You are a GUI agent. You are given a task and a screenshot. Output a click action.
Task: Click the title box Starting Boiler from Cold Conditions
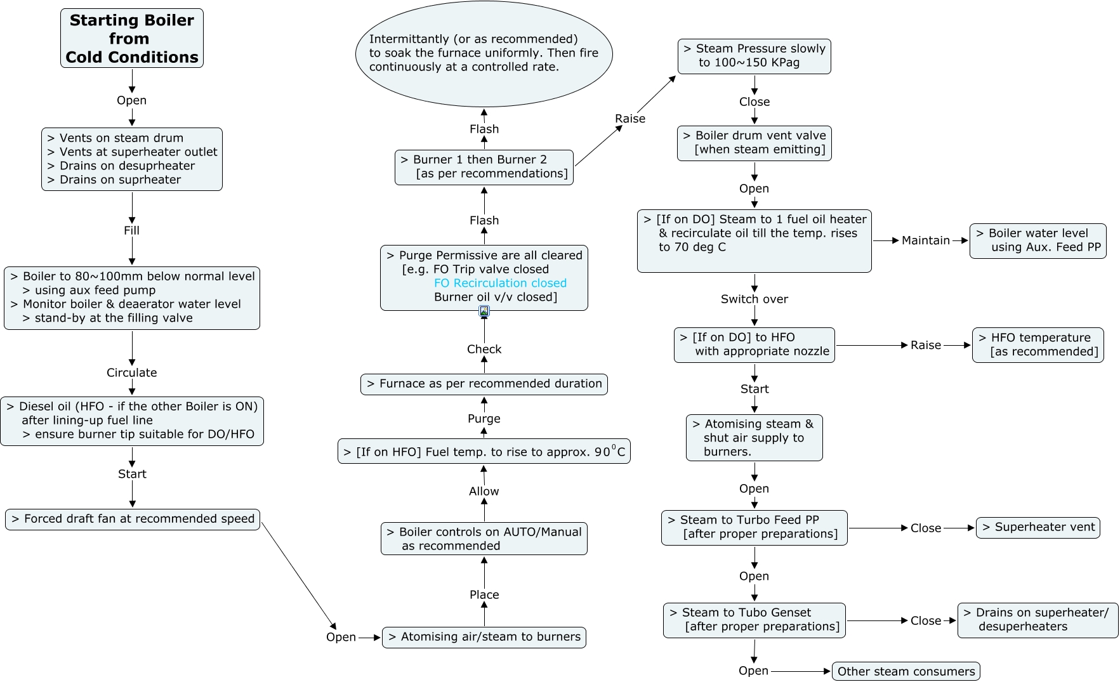pos(132,38)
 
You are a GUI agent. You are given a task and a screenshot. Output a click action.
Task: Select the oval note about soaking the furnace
pos(484,53)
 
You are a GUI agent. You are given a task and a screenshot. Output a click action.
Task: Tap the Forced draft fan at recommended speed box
pos(133,519)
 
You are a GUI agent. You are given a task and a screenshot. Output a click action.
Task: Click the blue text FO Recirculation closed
pos(500,283)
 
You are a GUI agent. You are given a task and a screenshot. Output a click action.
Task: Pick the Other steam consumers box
pos(906,671)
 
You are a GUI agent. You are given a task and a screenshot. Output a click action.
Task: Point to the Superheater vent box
pos(1038,527)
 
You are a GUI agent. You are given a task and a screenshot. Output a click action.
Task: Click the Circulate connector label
pos(132,372)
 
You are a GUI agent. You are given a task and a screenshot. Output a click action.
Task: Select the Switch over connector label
pos(754,299)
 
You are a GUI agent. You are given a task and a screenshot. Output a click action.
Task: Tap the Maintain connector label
pos(926,240)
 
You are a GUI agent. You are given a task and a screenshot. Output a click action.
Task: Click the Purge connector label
pos(484,419)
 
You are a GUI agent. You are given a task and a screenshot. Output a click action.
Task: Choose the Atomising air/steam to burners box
pos(484,637)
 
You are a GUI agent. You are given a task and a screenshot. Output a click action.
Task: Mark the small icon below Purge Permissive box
pos(484,311)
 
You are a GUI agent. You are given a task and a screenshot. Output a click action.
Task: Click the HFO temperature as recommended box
pos(1038,345)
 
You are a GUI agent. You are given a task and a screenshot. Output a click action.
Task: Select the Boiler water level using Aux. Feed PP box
pos(1038,240)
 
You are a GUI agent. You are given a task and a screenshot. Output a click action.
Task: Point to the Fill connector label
pos(132,230)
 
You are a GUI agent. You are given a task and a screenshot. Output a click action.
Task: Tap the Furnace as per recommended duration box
pos(484,384)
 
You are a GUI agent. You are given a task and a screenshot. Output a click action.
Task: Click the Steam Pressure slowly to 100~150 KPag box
pos(754,56)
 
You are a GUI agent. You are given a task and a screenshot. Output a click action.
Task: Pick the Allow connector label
pos(484,491)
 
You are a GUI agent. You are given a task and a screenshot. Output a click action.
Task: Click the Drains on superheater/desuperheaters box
pos(1038,620)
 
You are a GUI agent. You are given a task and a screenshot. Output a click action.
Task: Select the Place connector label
pos(484,594)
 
